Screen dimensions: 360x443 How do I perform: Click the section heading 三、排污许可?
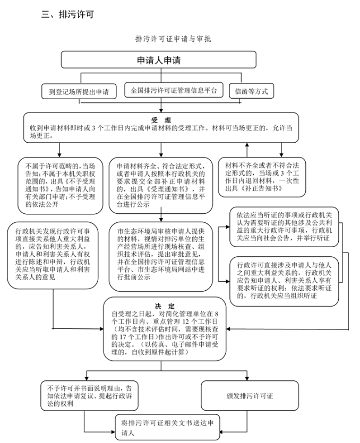point(67,14)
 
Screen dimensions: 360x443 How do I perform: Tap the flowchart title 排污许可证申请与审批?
point(173,39)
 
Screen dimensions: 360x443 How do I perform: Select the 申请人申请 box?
point(159,59)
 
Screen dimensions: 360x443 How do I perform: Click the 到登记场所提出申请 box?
point(79,91)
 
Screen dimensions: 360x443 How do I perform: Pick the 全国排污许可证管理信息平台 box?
point(174,90)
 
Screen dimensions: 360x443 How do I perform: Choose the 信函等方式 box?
point(251,91)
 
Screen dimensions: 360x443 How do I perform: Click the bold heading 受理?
point(161,120)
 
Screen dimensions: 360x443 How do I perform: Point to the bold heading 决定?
point(165,306)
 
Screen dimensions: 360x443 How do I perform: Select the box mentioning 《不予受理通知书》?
point(60,186)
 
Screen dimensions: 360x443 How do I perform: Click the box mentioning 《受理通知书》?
point(161,186)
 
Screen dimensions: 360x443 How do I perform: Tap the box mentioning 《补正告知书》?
point(262,177)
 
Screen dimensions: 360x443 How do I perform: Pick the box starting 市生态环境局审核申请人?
point(161,256)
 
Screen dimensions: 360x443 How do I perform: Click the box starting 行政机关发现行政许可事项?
point(53,255)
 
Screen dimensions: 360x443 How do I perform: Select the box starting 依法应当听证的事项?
point(284,227)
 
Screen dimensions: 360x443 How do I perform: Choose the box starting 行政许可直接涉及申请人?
point(284,281)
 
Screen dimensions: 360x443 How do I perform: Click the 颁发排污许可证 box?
point(250,396)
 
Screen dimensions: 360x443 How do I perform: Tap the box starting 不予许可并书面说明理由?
point(89,396)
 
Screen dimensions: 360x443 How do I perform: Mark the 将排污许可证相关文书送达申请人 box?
point(167,427)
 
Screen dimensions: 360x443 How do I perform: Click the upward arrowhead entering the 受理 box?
point(247,145)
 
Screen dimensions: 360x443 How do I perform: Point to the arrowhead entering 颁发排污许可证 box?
point(247,378)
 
